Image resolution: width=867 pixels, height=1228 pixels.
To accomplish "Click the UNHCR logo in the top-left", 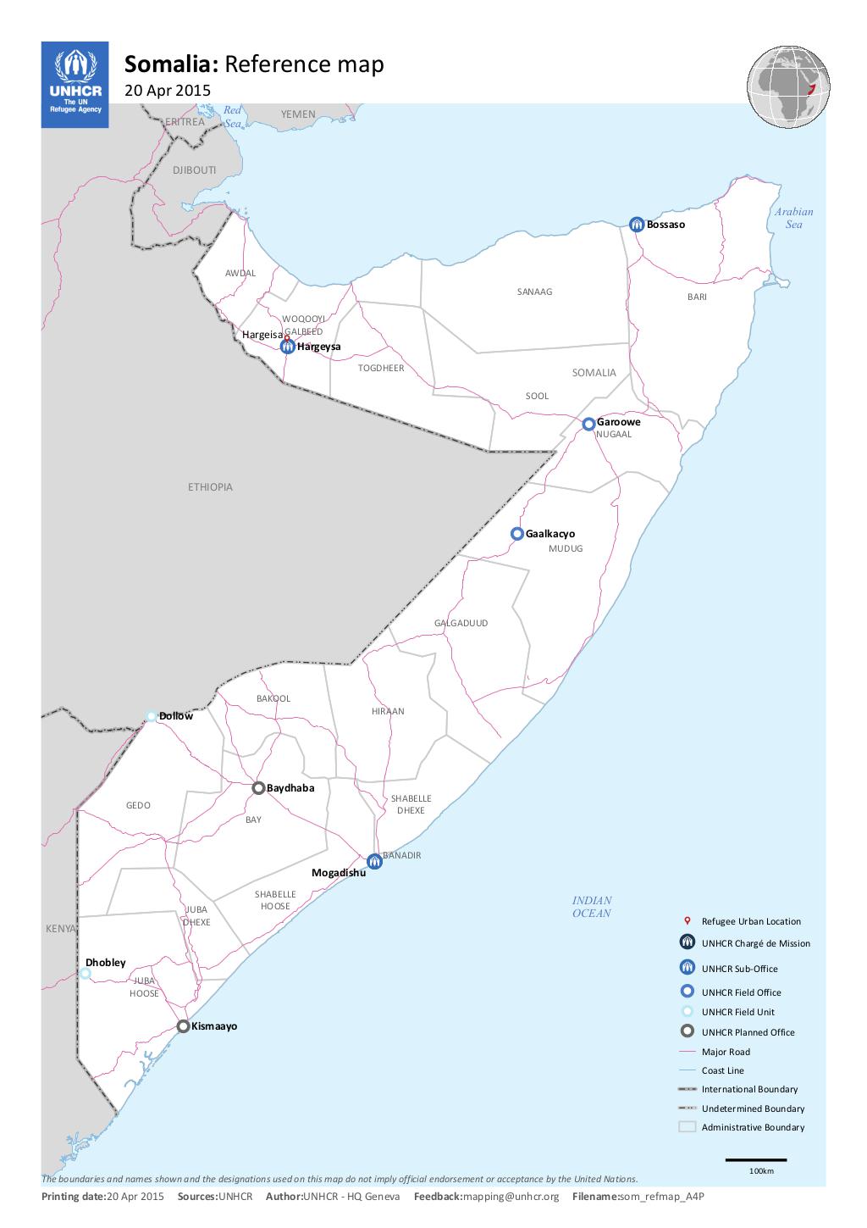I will [75, 85].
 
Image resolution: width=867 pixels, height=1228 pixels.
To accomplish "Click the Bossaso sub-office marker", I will [637, 224].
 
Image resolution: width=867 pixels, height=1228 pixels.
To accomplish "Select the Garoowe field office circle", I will [588, 424].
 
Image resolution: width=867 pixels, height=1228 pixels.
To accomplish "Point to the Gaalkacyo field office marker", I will [516, 534].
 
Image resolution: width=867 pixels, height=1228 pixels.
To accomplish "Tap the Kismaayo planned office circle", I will [183, 1026].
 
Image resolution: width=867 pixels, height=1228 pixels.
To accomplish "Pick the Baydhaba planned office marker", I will [259, 788].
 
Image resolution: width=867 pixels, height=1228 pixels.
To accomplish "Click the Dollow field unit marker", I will [152, 716].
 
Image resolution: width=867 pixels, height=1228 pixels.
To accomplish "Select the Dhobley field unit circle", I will [86, 974].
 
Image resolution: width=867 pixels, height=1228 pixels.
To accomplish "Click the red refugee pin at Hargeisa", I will [286, 337].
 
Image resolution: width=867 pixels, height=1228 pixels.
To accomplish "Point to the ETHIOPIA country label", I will [210, 487].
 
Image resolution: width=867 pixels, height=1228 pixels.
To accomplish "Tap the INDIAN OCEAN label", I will [592, 907].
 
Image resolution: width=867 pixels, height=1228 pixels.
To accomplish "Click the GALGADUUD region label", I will [461, 623].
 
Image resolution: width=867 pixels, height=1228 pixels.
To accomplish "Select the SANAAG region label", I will [534, 292].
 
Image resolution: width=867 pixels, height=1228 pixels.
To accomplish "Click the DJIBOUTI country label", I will [195, 170].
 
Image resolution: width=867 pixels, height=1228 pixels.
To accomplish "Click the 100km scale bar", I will [756, 1159].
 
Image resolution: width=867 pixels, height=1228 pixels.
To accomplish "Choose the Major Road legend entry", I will [726, 1052].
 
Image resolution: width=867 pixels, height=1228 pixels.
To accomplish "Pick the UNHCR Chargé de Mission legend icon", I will [687, 942].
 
